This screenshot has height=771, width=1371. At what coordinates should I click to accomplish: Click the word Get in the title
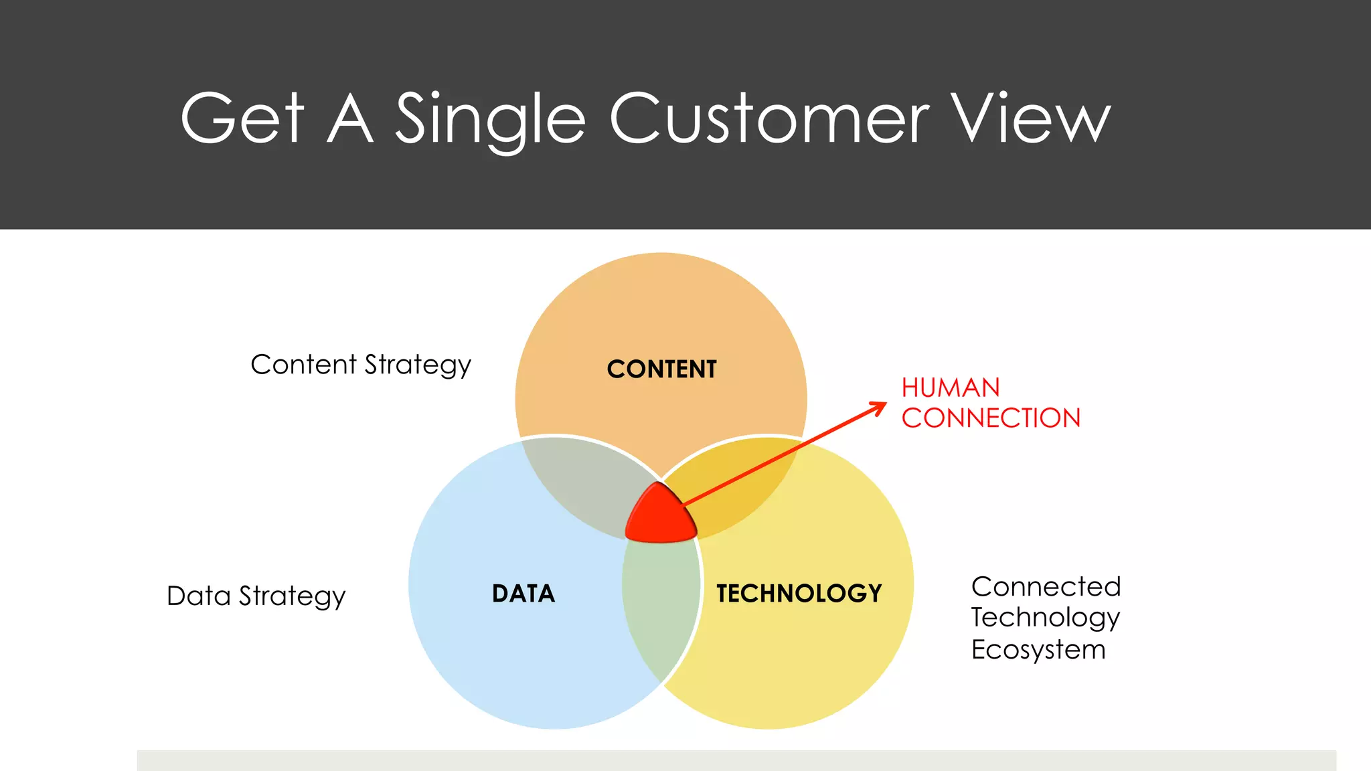[x=242, y=118]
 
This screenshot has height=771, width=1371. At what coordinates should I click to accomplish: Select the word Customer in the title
[x=769, y=118]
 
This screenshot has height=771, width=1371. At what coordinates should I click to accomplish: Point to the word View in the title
[x=1031, y=118]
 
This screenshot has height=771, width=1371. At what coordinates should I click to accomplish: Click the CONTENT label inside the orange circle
[x=661, y=369]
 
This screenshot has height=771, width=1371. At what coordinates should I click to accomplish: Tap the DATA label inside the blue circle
[x=523, y=594]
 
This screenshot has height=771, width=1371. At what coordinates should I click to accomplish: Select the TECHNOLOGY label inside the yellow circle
[x=799, y=594]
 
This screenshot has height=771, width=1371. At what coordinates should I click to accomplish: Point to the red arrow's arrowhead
[x=880, y=406]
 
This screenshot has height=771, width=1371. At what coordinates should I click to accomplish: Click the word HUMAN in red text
[x=951, y=388]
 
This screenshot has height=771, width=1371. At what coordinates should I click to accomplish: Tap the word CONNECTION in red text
[x=991, y=418]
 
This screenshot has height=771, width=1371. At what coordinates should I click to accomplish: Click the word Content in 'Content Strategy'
[x=303, y=365]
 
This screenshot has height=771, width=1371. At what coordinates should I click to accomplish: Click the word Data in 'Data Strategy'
[x=198, y=596]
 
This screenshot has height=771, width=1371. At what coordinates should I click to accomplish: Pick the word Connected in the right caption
[x=1046, y=587]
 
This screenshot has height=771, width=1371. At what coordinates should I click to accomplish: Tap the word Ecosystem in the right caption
[x=1038, y=650]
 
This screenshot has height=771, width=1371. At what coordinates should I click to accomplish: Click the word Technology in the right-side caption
[x=1046, y=618]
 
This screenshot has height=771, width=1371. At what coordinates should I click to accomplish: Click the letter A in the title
[x=350, y=118]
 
